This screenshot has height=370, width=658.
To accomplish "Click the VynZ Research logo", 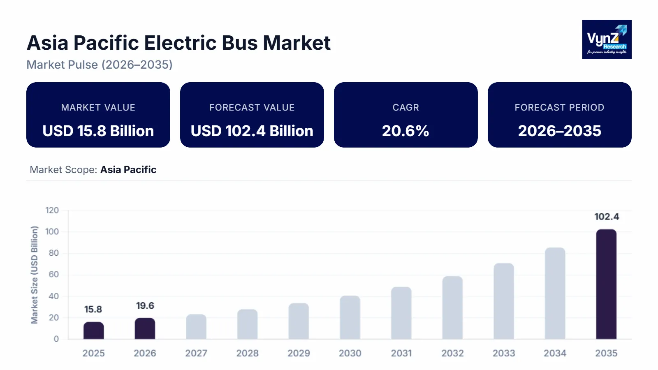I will [x=607, y=39].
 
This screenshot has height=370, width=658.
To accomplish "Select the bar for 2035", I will [x=606, y=284].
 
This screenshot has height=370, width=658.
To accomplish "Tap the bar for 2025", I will [x=94, y=331].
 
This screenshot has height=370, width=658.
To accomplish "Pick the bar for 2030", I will [x=350, y=317].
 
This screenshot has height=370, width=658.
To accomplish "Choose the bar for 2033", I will [x=504, y=301].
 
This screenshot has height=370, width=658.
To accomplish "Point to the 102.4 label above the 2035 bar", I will [x=607, y=217].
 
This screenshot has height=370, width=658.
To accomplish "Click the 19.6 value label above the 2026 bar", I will [x=145, y=306].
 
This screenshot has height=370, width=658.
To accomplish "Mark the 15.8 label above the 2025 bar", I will [x=93, y=310].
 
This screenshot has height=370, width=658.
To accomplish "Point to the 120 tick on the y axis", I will [x=52, y=210].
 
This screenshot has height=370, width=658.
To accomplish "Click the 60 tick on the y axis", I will [x=54, y=275].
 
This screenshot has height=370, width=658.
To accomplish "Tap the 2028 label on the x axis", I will [x=247, y=353].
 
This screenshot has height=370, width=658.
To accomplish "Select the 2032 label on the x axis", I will [x=452, y=353].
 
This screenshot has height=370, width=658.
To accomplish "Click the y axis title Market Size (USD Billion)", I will [x=35, y=275].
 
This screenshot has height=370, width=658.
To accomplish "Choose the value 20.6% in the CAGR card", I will [x=405, y=131].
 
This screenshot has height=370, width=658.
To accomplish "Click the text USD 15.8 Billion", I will [x=98, y=131].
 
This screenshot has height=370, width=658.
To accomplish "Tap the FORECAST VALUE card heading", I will [x=252, y=107].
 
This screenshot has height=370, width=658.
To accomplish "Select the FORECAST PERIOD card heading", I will [x=559, y=107].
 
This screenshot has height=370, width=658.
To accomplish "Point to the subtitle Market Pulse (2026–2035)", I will [x=100, y=65].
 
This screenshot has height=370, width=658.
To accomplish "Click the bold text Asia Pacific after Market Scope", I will [x=128, y=170].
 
